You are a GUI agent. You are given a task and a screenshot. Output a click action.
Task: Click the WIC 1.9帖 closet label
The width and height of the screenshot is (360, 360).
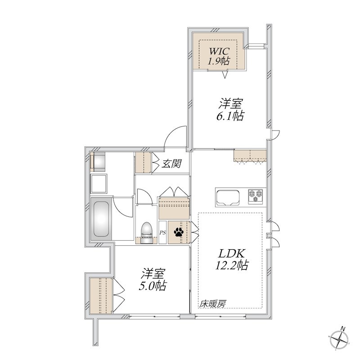click(x=218, y=56)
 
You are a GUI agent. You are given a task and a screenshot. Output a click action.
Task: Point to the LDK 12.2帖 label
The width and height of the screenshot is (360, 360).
click(x=231, y=259)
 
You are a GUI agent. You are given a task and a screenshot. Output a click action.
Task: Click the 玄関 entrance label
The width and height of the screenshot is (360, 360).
click(x=171, y=164)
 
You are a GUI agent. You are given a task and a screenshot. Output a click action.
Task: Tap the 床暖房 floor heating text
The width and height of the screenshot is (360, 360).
click(x=212, y=304)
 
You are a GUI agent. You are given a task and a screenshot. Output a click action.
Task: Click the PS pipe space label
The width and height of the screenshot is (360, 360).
click(x=162, y=233)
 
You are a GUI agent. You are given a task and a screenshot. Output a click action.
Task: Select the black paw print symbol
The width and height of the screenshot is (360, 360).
click(x=179, y=232)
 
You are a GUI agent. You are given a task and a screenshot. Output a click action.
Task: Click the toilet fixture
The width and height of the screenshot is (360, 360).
click(x=146, y=232)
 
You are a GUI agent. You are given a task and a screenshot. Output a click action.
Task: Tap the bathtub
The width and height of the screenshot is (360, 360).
click(x=101, y=219)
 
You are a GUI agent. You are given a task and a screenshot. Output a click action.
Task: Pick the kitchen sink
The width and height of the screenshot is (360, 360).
click(x=228, y=197)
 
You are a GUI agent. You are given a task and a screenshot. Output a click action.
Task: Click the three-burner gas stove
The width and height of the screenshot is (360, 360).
click(x=255, y=196)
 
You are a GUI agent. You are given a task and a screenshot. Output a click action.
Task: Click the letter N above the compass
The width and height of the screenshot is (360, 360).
click(x=343, y=329)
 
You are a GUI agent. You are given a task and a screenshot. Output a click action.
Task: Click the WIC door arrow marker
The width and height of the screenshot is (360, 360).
click(x=225, y=75)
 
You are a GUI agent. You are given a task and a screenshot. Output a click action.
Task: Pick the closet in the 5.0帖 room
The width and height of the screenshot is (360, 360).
click(x=101, y=296)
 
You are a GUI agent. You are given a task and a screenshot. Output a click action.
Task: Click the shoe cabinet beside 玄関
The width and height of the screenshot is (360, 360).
click(x=143, y=162)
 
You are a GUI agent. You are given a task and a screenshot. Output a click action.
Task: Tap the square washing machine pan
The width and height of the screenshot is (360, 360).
click(x=99, y=184)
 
